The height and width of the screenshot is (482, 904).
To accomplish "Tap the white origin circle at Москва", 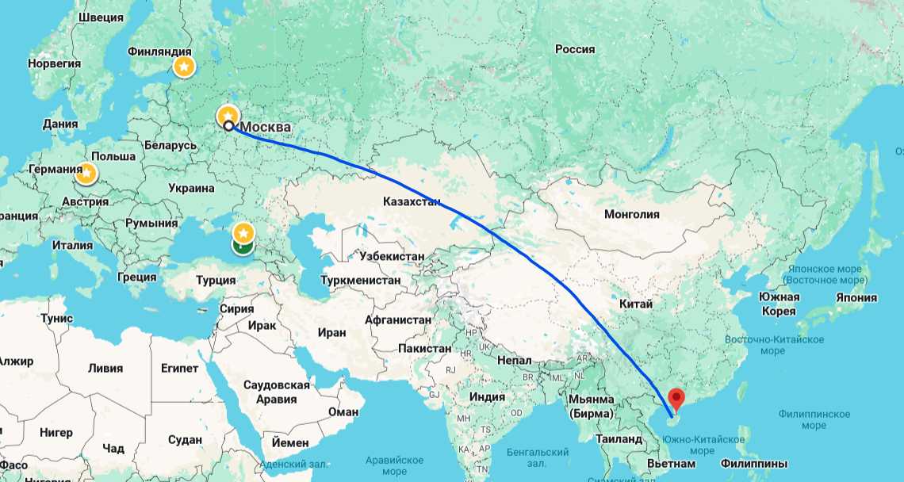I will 228,125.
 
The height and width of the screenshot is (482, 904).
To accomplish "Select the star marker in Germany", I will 87,172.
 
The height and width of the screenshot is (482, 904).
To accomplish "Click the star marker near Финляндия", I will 183,67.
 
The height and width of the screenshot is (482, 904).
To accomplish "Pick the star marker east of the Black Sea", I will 243,233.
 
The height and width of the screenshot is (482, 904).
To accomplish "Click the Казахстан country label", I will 411,201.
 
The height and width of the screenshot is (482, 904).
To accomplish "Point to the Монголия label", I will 631,214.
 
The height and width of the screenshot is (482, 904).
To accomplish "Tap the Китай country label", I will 637,304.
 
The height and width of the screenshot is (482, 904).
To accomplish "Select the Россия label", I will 574,49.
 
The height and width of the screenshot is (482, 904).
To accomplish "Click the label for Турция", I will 216,280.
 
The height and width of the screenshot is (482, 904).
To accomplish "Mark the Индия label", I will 487,396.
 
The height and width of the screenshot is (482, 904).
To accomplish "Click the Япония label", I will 856,297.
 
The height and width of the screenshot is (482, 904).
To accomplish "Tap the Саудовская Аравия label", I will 276,392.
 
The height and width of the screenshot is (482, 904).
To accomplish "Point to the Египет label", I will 179,369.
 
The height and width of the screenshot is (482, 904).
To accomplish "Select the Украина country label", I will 191,188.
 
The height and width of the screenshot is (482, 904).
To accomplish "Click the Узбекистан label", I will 391,256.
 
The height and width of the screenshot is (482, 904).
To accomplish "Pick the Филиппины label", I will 753,462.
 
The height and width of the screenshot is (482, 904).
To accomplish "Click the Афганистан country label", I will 398,319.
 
